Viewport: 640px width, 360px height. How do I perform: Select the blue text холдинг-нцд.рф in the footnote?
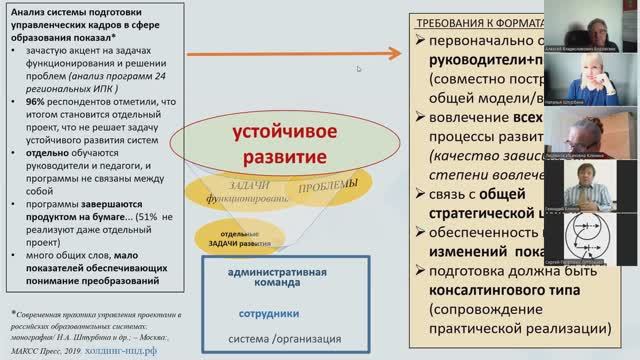tap(142, 351)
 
